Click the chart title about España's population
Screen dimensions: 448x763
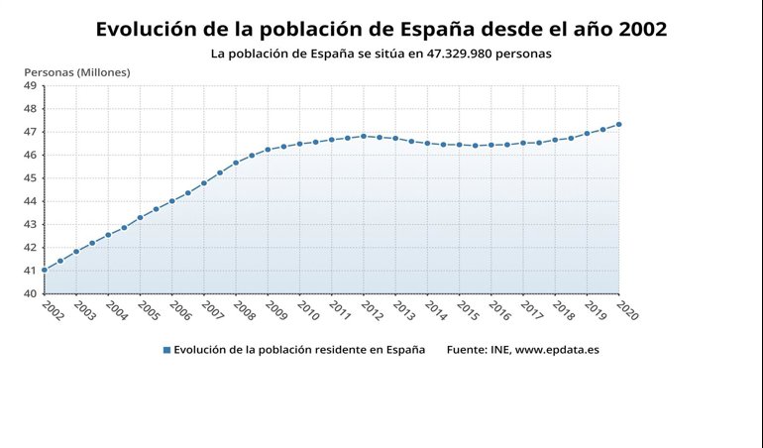point(381,30)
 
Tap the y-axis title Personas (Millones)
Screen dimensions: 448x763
point(76,72)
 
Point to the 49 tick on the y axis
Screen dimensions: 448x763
point(30,86)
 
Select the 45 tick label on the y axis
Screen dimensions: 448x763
point(30,178)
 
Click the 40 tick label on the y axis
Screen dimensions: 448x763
point(30,293)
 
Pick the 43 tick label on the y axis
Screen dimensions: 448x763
point(30,224)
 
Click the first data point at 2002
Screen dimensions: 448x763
point(44,270)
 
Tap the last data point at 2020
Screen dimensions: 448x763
point(618,124)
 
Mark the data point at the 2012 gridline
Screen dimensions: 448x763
point(364,136)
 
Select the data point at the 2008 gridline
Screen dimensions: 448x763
point(236,163)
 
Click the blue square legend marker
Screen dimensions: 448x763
point(166,350)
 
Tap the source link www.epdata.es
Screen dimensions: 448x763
point(556,350)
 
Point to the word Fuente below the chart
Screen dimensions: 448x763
point(466,350)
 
